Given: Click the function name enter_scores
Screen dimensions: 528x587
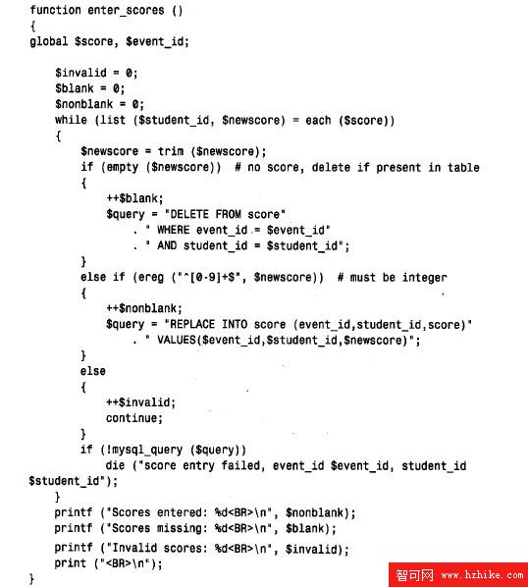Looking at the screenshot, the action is [x=126, y=11].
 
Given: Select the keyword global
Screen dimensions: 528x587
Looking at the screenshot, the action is [x=49, y=41].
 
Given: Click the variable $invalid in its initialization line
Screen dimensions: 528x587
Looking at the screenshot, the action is [x=80, y=73].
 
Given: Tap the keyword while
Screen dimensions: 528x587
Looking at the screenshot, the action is [x=71, y=120].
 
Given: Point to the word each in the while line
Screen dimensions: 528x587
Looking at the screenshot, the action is [x=318, y=120].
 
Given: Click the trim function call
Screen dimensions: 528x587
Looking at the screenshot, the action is [x=170, y=151].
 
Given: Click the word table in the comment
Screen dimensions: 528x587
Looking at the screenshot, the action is [x=463, y=167].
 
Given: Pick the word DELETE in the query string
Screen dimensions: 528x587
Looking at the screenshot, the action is [x=189, y=214].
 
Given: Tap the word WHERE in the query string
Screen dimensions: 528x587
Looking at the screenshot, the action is [x=174, y=230].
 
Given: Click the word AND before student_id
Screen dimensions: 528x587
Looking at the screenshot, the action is [x=167, y=245].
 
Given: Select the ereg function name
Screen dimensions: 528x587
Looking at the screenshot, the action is [x=151, y=278].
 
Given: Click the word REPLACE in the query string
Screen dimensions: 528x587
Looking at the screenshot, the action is [x=192, y=324].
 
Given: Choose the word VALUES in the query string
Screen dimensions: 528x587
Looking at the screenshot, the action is [x=177, y=340].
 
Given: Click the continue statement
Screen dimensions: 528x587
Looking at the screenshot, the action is [x=134, y=418].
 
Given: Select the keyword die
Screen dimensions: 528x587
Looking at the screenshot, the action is [x=115, y=465].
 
